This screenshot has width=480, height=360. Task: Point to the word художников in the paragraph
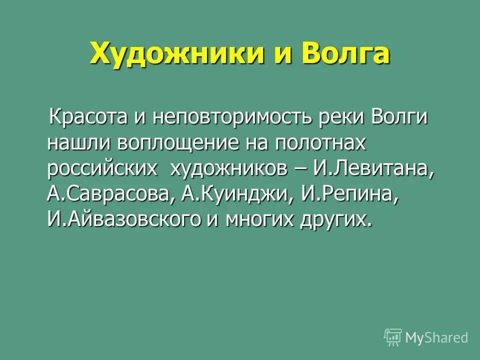(x=229, y=168)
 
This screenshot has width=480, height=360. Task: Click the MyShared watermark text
(x=436, y=337)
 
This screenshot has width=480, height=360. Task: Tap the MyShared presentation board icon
(x=393, y=337)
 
